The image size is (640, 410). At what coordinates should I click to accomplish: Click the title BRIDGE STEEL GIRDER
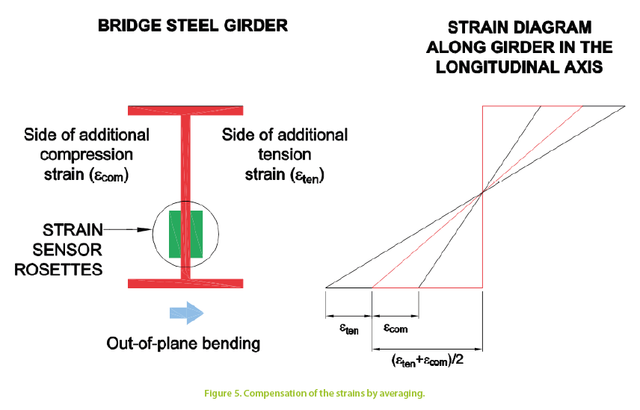(193, 25)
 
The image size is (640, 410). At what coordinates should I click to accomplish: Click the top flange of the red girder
(185, 111)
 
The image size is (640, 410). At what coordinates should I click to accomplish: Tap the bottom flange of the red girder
(185, 283)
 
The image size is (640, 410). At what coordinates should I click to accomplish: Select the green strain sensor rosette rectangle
(185, 234)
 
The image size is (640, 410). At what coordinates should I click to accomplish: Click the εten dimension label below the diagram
(348, 327)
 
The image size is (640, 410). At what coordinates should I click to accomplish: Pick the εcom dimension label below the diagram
(395, 327)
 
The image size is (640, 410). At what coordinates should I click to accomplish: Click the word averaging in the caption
(401, 394)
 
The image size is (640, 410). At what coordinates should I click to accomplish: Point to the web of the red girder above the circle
(185, 157)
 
